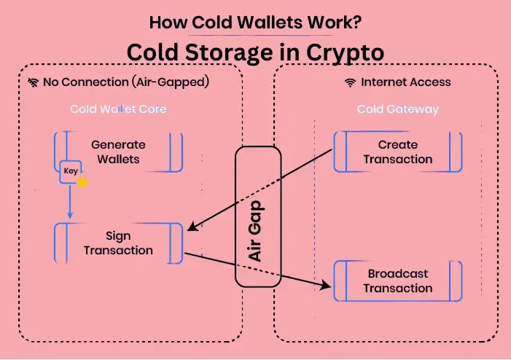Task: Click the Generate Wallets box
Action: coord(118,152)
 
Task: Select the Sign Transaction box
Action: coord(118,243)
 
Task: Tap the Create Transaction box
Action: coord(397,152)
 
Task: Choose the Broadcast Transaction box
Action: coord(397,281)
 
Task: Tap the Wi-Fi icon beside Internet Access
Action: coord(351,82)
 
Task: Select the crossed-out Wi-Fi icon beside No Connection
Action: coord(34,82)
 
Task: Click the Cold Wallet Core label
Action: coord(118,109)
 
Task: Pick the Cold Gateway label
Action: coord(397,109)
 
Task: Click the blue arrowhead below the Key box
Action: coord(71,215)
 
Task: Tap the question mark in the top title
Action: coord(356,21)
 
